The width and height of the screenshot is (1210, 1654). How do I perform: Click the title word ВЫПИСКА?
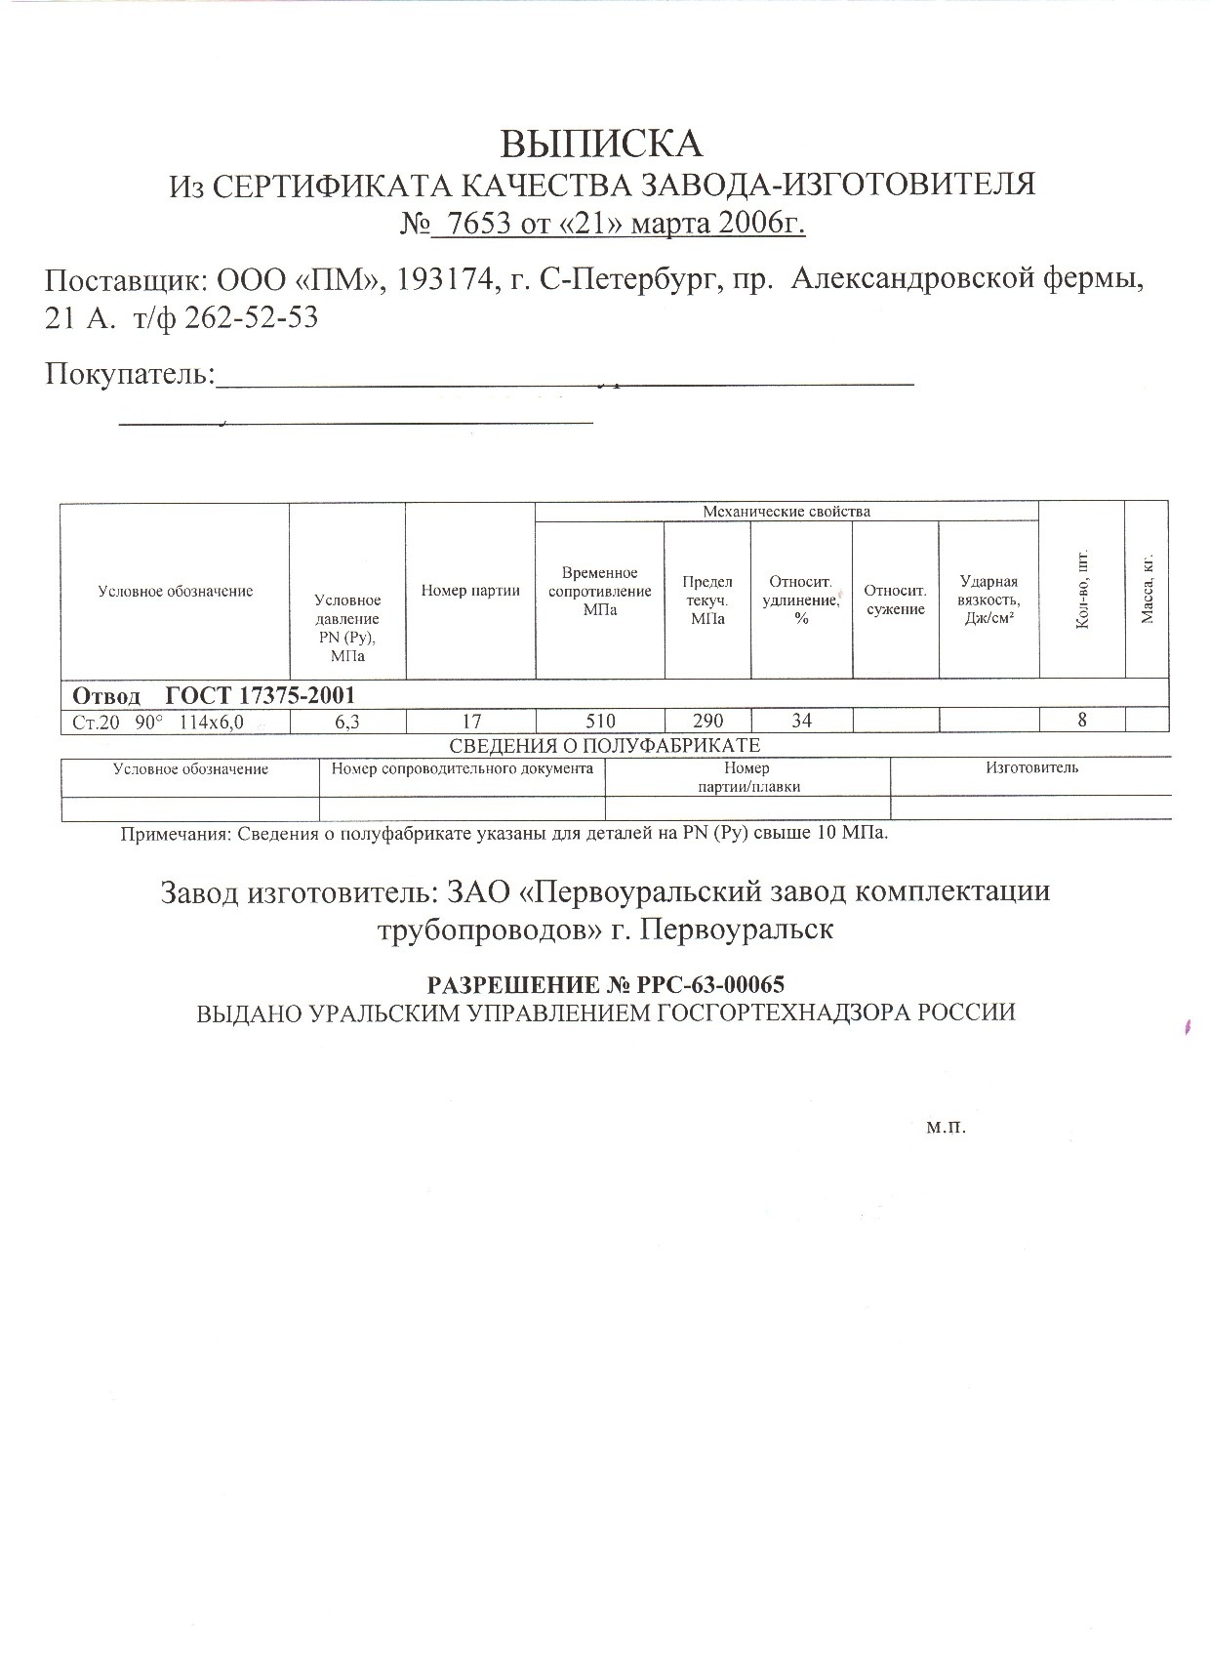(601, 144)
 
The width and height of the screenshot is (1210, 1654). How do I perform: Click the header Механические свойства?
(786, 512)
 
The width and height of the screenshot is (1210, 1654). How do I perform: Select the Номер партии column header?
(470, 590)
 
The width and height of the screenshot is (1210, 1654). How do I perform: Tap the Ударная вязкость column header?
(988, 600)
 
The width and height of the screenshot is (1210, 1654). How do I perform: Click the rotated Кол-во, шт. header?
(1082, 591)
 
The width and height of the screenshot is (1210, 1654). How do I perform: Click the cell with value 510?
(600, 721)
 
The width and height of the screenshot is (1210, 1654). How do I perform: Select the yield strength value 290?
(707, 721)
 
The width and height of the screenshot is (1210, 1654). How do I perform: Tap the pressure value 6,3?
(347, 721)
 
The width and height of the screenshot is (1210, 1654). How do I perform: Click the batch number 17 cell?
(471, 721)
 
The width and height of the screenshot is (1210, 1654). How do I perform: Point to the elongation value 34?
(801, 721)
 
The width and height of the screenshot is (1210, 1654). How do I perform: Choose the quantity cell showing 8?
(1082, 721)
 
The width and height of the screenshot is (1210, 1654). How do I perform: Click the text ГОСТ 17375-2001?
(261, 695)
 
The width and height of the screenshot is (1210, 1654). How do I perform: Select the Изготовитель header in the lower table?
(1031, 767)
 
